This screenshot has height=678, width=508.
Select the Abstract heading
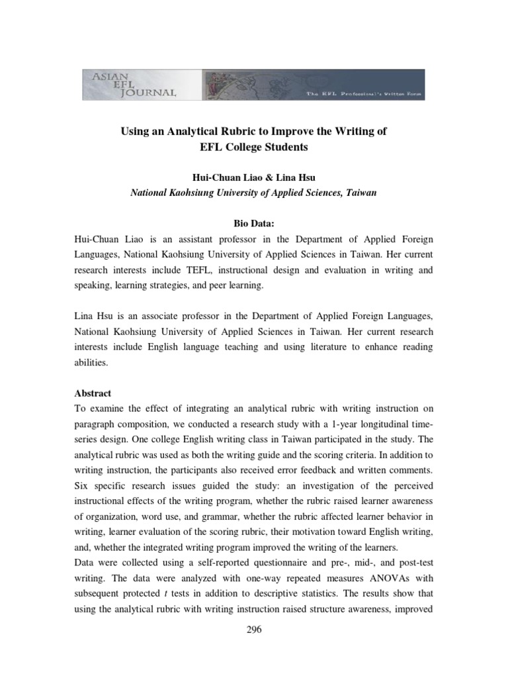[x=93, y=393]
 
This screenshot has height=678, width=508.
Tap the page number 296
[x=254, y=630]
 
